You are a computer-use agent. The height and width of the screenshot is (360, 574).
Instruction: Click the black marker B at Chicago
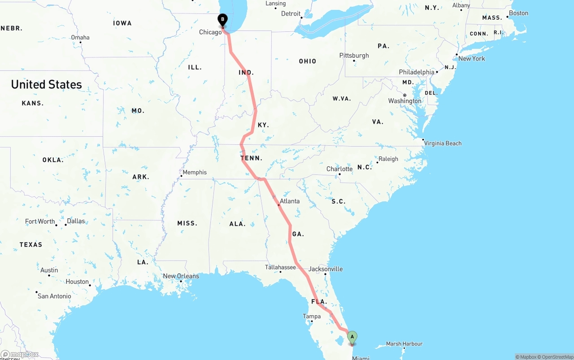tap(222, 20)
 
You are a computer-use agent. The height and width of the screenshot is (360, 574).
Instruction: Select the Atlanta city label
tap(290, 201)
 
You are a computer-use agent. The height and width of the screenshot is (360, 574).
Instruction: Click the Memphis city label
tap(195, 172)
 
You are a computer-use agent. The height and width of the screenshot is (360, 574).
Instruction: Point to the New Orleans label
tap(181, 276)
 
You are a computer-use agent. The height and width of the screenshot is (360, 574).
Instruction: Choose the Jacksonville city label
tap(326, 269)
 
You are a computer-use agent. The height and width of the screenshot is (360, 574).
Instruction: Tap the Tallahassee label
tap(280, 267)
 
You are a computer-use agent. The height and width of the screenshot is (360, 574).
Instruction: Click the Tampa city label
tap(312, 316)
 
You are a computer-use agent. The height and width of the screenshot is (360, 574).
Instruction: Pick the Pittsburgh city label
tap(354, 56)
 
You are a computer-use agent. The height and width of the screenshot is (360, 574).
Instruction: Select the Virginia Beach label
tap(443, 143)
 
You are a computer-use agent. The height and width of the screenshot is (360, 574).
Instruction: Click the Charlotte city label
tap(339, 169)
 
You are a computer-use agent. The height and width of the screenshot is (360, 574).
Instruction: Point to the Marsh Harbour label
tap(404, 344)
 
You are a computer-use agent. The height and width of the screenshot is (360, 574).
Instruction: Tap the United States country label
tap(46, 84)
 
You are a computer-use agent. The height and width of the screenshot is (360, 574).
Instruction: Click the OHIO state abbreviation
tap(308, 61)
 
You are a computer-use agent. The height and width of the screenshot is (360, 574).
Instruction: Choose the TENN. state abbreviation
tap(252, 158)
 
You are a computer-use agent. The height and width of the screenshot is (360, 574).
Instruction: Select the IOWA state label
tap(122, 23)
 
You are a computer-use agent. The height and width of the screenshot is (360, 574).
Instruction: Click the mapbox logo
tap(20, 355)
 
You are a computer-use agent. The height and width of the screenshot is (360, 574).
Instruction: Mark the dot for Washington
tap(404, 95)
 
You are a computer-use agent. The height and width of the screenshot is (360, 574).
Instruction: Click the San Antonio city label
tap(54, 296)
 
